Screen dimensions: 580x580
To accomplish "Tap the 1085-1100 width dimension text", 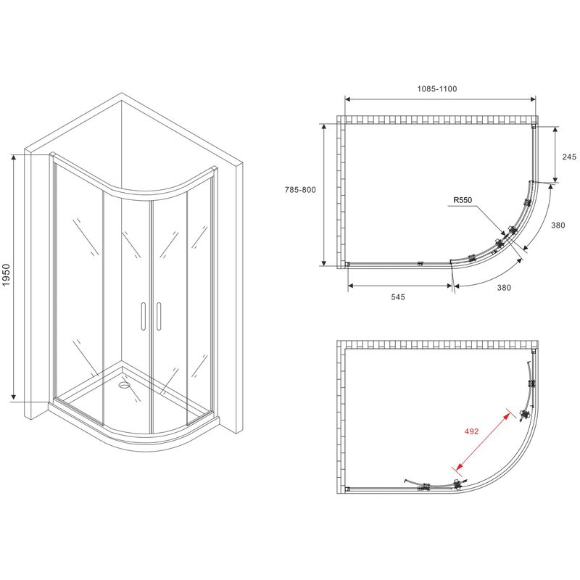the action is [x=437, y=88].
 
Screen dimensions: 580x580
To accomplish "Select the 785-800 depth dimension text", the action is [x=300, y=190].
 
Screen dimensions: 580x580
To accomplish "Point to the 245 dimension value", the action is [x=569, y=157].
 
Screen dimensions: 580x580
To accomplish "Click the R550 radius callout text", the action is [x=463, y=200].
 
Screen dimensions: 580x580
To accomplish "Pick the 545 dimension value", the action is [x=398, y=297].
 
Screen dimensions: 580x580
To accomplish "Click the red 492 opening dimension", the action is [x=471, y=431].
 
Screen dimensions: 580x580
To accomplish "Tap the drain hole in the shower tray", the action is [x=124, y=386].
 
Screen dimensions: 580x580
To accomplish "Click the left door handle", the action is [x=143, y=315].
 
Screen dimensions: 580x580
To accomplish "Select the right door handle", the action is [x=159, y=315].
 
